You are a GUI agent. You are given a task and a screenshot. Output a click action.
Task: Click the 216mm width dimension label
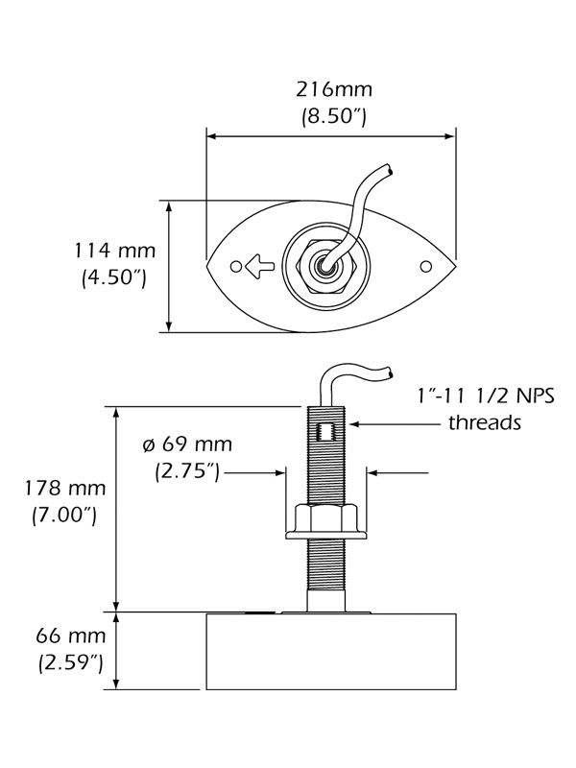pyautogui.click(x=332, y=90)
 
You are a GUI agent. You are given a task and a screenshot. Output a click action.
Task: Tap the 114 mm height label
pyautogui.click(x=115, y=252)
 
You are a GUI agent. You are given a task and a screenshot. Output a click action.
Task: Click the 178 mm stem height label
pyautogui.click(x=59, y=488)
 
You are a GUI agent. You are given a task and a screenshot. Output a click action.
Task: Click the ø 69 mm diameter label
pyautogui.click(x=186, y=444)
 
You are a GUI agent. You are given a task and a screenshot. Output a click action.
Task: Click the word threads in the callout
pyautogui.click(x=485, y=422)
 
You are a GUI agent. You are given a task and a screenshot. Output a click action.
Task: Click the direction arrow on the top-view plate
pyautogui.click(x=258, y=265)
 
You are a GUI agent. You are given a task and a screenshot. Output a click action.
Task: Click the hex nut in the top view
pyautogui.click(x=328, y=266)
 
